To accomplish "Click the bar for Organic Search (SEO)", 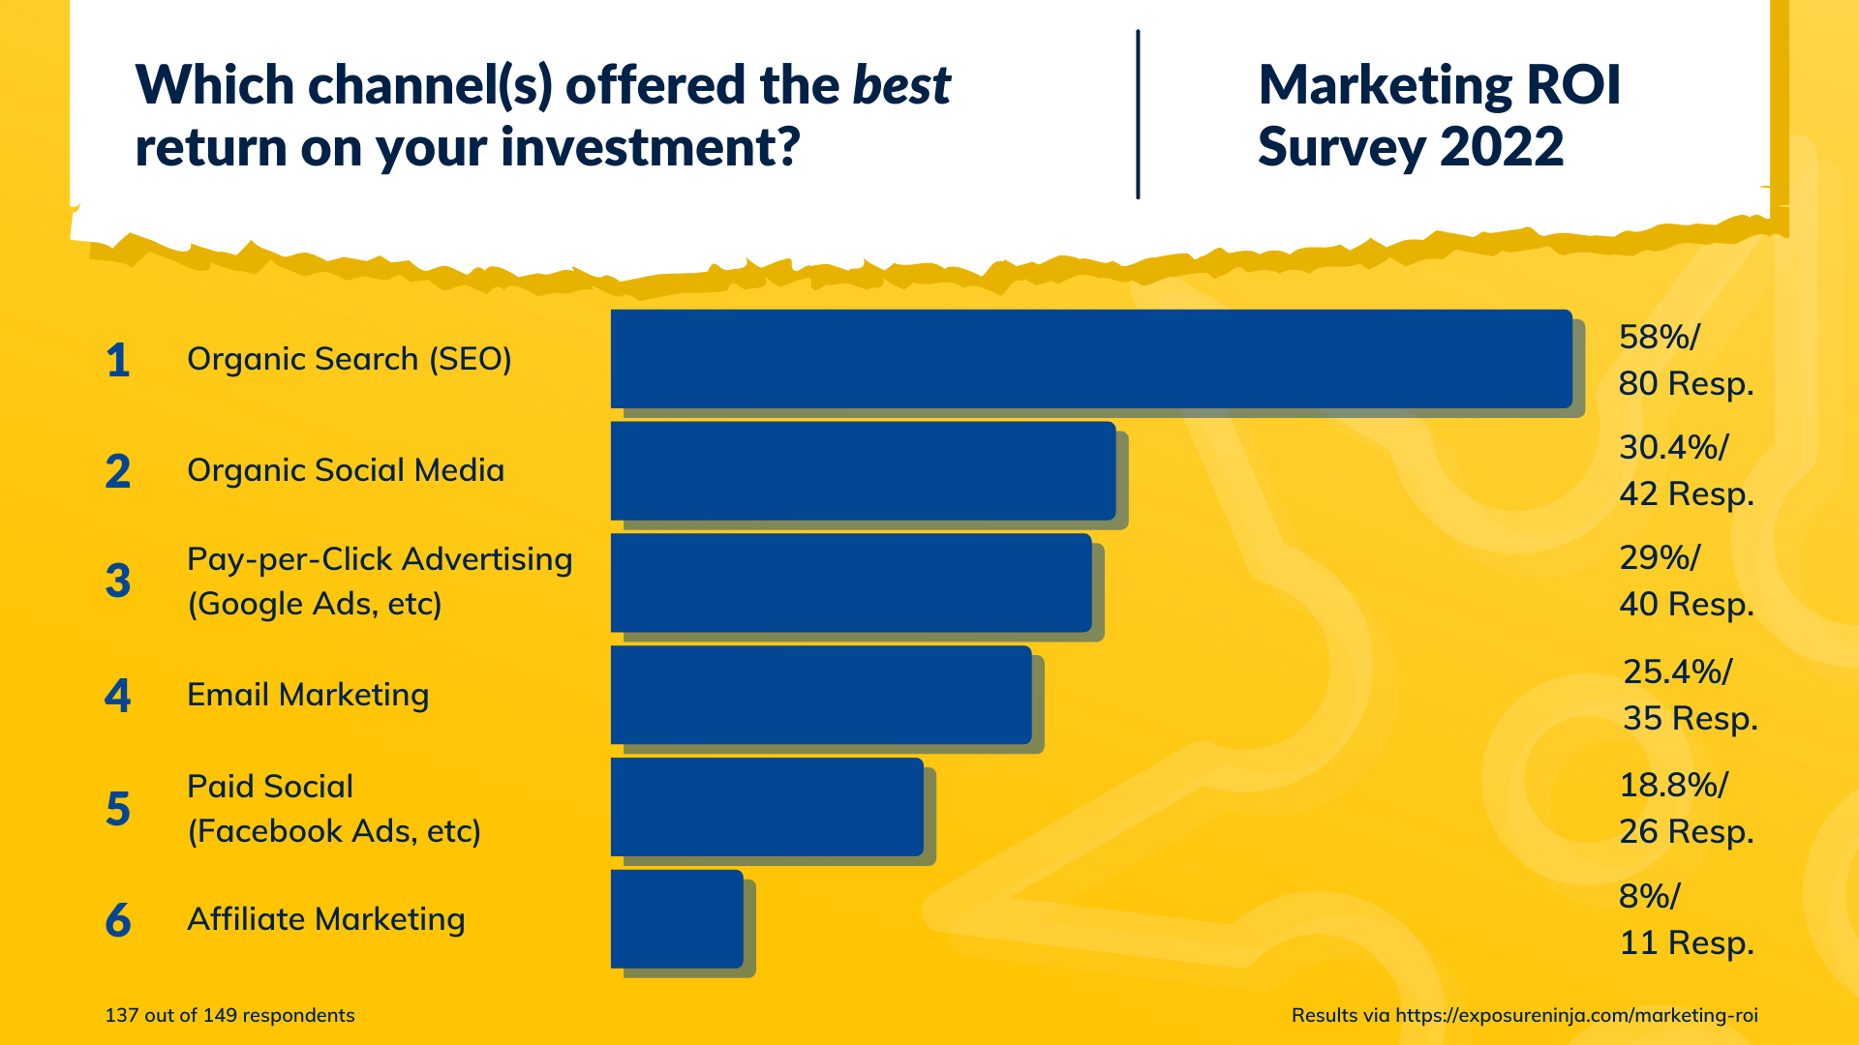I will pyautogui.click(x=1091, y=359).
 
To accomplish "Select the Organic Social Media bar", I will pyautogui.click(x=863, y=470).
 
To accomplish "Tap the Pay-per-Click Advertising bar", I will pyautogui.click(x=851, y=582).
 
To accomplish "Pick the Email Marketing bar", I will pyautogui.click(x=821, y=695).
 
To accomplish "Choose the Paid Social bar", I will pyautogui.click(x=767, y=807).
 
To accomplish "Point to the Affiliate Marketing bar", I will pyautogui.click(x=677, y=919).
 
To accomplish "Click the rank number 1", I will pyautogui.click(x=118, y=360).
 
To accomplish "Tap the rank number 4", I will pyautogui.click(x=118, y=695).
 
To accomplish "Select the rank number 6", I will pyautogui.click(x=118, y=919).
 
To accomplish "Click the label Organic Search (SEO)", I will pyautogui.click(x=349, y=359).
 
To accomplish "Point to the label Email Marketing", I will pyautogui.click(x=307, y=695).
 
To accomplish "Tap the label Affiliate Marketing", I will pyautogui.click(x=325, y=919).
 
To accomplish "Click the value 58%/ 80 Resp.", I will pyautogui.click(x=1685, y=360).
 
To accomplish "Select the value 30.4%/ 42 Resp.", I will pyautogui.click(x=1685, y=470).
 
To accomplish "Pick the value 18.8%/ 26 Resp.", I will pyautogui.click(x=1685, y=807).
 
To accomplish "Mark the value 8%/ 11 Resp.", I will pyautogui.click(x=1685, y=919).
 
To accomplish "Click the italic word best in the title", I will pyautogui.click(x=901, y=85).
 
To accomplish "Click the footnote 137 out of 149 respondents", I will pyautogui.click(x=229, y=1015).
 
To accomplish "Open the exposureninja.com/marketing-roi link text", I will pyautogui.click(x=1576, y=1015).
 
